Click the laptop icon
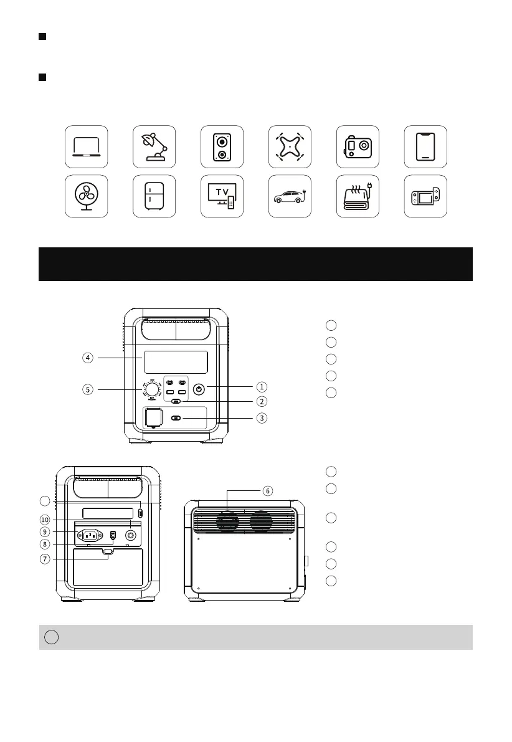pyautogui.click(x=87, y=146)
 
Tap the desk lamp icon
pyautogui.click(x=154, y=146)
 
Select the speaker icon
pyautogui.click(x=222, y=146)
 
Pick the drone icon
pyautogui.click(x=289, y=146)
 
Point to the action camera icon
pyautogui.click(x=357, y=146)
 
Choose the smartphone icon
pyautogui.click(x=425, y=146)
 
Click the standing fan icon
pyautogui.click(x=87, y=196)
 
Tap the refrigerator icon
pyautogui.click(x=154, y=196)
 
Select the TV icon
pyautogui.click(x=222, y=196)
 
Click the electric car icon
pyautogui.click(x=289, y=196)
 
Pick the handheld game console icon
pyautogui.click(x=425, y=196)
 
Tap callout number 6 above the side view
pyautogui.click(x=267, y=491)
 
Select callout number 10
pyautogui.click(x=44, y=520)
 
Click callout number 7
pyautogui.click(x=44, y=559)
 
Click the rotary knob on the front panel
pyautogui.click(x=152, y=389)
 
